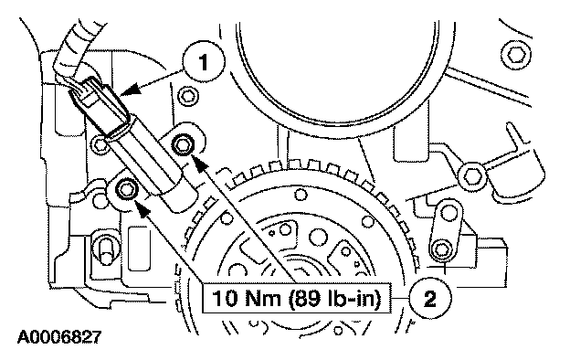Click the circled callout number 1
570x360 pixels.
coord(204,62)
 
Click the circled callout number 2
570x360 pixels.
coord(430,299)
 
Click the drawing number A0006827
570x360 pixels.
coord(59,337)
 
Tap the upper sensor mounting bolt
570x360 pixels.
coord(181,145)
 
